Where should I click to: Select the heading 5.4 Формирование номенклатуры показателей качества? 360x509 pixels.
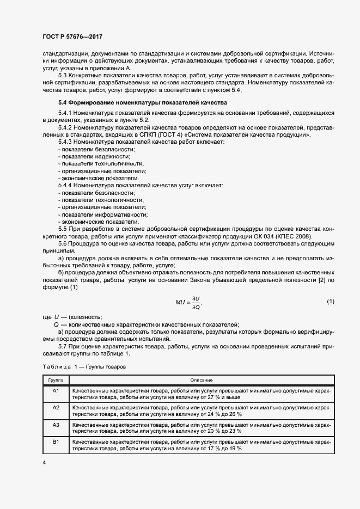click(x=143, y=103)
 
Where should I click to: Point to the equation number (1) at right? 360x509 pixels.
click(x=330, y=301)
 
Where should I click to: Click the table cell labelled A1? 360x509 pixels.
click(x=56, y=391)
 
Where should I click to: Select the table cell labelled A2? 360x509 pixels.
click(x=56, y=407)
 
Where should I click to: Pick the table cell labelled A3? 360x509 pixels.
click(x=56, y=424)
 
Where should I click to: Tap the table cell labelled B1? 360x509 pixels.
click(x=56, y=441)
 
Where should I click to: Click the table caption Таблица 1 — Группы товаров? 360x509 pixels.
click(x=84, y=367)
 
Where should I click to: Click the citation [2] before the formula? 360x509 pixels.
click(x=318, y=280)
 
